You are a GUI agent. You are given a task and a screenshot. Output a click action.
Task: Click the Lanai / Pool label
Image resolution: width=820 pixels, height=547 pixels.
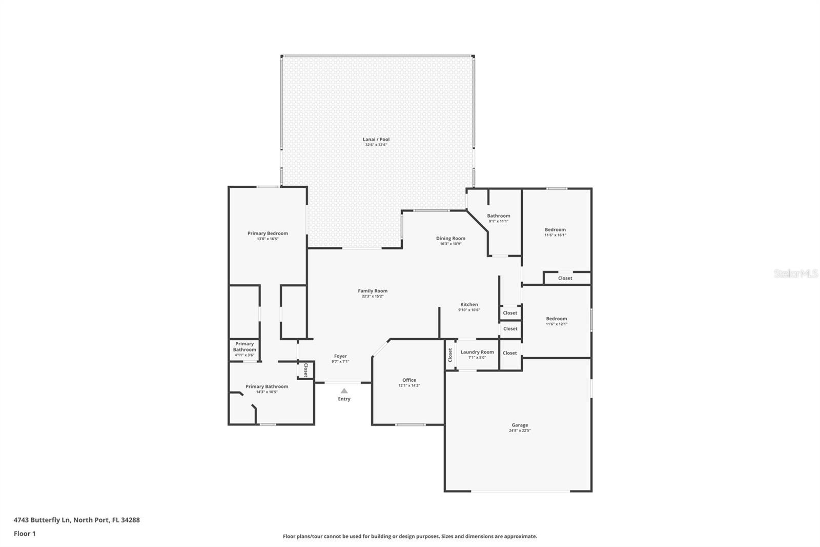tap(376, 139)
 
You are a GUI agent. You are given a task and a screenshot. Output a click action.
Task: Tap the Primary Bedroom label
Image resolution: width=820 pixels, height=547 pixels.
tap(268, 233)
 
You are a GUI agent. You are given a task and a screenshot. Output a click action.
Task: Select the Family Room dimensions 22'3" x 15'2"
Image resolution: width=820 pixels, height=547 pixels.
tap(373, 297)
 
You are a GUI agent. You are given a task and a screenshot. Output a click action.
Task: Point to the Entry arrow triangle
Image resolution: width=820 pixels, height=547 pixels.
tap(344, 391)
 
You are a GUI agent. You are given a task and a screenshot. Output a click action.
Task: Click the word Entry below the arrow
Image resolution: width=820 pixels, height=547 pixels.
tap(344, 399)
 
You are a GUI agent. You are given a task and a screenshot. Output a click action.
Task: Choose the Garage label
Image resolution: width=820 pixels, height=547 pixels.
tap(520, 425)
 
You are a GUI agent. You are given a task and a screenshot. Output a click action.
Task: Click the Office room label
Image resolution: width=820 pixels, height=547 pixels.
tap(409, 380)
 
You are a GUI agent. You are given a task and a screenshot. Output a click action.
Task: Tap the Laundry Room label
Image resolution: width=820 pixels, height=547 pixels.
tap(477, 352)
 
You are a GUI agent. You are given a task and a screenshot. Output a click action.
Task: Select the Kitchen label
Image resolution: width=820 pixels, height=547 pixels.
tap(469, 305)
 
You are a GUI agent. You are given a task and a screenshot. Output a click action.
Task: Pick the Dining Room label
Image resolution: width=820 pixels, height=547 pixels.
tap(450, 238)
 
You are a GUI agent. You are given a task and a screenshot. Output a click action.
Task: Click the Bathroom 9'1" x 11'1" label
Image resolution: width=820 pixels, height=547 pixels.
tap(499, 216)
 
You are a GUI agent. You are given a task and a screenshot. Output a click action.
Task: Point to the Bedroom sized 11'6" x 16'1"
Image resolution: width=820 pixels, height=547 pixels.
tap(555, 230)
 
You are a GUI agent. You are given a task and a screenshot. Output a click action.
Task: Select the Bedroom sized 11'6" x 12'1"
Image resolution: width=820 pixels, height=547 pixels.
tap(557, 319)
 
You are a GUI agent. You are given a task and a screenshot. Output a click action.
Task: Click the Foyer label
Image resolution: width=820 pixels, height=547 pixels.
tap(340, 356)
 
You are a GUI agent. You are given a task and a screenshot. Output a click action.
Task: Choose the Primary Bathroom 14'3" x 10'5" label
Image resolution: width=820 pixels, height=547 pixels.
tap(266, 387)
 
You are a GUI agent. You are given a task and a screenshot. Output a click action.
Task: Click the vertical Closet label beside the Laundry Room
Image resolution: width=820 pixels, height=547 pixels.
tap(450, 355)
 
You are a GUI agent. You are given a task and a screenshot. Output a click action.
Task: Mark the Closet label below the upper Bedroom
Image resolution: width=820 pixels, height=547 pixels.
tap(565, 278)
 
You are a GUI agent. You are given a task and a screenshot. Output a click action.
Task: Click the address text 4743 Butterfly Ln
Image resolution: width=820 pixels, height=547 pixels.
tap(42, 520)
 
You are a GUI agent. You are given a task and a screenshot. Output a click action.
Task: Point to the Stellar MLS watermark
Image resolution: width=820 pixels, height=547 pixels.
tap(795, 274)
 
